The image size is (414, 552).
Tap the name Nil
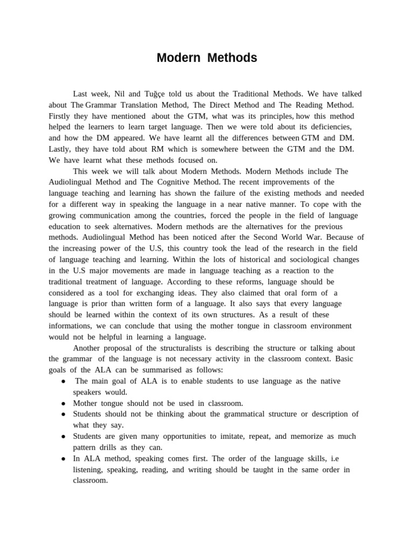click(120, 93)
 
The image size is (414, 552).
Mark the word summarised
click(156, 370)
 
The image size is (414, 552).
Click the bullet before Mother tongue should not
click(64, 403)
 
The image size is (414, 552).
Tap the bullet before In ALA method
click(64, 459)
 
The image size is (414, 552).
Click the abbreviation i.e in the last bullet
click(334, 458)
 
